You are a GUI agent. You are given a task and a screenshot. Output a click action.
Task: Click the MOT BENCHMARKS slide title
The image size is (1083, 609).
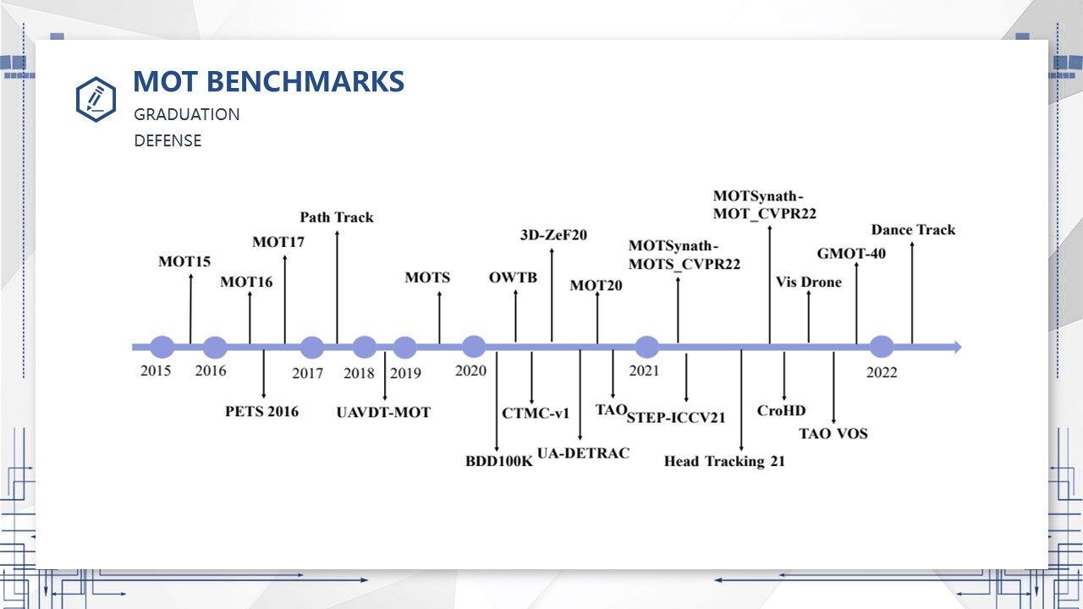coord(268,81)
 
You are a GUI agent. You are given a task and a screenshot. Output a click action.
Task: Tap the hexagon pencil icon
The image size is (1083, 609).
coord(96,99)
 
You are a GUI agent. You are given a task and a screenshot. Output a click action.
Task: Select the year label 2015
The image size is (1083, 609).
coord(156,370)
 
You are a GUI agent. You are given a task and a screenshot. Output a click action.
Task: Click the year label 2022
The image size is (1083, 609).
coord(882,373)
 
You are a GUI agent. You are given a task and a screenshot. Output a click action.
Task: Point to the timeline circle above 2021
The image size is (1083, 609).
coord(646,347)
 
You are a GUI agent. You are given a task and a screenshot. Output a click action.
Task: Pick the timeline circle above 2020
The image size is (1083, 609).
coord(474,347)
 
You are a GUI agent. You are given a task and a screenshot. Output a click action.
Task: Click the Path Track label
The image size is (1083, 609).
coord(337,217)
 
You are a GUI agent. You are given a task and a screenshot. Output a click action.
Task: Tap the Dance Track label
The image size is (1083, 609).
coord(913,229)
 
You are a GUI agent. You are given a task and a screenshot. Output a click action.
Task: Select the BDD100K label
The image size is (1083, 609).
coord(499,461)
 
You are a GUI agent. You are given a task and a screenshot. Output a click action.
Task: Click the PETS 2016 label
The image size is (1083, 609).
coord(261,411)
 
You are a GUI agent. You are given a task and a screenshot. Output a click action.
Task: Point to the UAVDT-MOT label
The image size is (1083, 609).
coord(383,412)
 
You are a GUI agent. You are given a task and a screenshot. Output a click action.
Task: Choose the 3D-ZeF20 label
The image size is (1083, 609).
coord(553,235)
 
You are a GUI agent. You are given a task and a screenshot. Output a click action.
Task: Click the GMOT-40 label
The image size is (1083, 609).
coord(851,253)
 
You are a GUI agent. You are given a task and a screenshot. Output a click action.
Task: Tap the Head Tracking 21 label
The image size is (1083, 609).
coord(724,461)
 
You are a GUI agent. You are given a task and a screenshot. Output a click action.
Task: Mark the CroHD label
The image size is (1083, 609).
coord(781,410)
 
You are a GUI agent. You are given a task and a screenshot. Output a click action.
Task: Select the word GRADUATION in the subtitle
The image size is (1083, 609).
coord(187,114)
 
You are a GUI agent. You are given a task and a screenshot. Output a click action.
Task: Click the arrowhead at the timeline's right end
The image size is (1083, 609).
coord(958,347)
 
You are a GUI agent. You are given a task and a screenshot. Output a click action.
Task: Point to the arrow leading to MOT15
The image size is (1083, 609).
coord(190,309)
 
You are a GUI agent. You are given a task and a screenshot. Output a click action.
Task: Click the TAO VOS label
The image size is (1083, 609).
coord(833,434)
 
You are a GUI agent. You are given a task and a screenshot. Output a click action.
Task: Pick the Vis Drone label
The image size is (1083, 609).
coord(808,283)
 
